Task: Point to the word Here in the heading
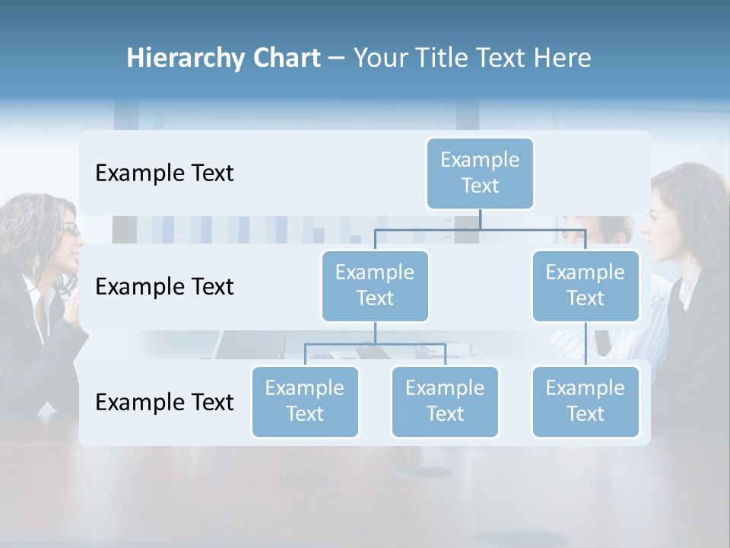(x=563, y=59)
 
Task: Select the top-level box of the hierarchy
(x=480, y=173)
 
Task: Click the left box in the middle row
(x=375, y=285)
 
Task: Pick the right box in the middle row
(x=586, y=285)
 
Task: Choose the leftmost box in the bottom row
(x=305, y=401)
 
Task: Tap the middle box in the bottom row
(x=445, y=401)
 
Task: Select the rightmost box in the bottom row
(x=586, y=401)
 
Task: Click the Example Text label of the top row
(x=164, y=174)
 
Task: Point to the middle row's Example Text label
(x=164, y=287)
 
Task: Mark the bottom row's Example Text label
(x=164, y=403)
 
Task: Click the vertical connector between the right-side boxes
(x=586, y=344)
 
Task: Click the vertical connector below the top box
(x=480, y=219)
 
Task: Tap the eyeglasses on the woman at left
(x=71, y=229)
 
